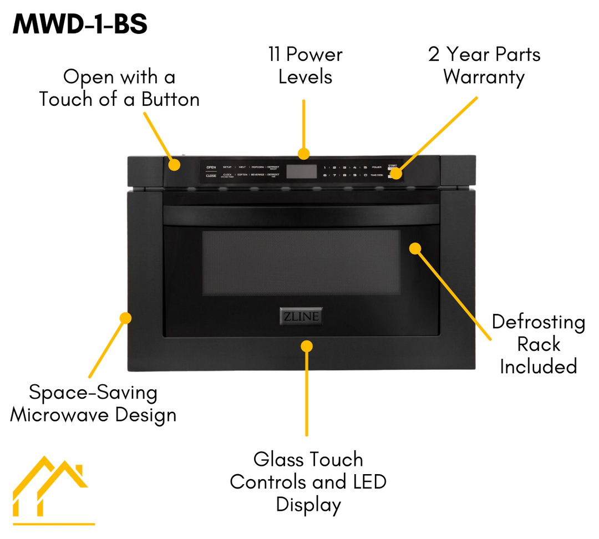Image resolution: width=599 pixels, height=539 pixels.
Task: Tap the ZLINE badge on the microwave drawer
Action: pos(299,317)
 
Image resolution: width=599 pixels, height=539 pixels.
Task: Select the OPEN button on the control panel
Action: pos(211,167)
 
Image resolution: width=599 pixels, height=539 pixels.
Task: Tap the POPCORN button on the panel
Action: pos(258,167)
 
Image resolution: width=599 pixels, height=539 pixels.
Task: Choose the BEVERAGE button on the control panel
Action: pos(258,175)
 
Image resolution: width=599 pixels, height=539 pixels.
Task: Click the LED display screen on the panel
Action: pos(302,171)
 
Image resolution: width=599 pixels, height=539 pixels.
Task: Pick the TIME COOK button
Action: pos(377,175)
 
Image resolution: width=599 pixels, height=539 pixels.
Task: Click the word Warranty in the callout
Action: pos(484,77)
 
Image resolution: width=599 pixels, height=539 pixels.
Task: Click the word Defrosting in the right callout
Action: pos(538,322)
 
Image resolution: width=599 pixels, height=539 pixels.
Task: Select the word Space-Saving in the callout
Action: pos(93,393)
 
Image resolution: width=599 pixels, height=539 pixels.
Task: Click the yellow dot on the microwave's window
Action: pos(416,248)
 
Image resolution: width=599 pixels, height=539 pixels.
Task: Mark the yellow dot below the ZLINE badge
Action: pos(306,346)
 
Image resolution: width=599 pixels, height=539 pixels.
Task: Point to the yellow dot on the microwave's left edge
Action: pos(126,318)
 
